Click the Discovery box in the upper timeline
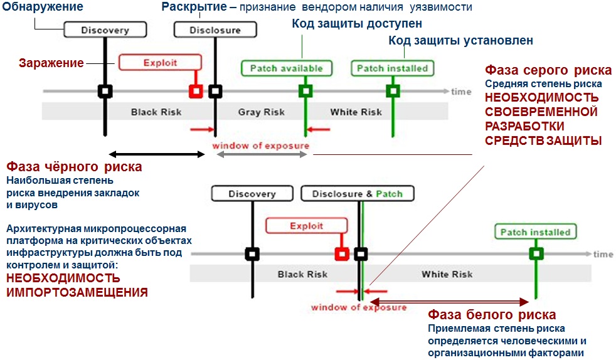[105, 29]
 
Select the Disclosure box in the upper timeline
[215, 29]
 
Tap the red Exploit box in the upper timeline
[160, 62]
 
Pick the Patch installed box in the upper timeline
[392, 68]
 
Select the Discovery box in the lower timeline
[252, 193]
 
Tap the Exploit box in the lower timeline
[306, 226]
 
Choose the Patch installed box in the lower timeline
[534, 232]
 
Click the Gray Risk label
[261, 112]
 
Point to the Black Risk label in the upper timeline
[156, 112]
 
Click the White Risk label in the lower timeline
[447, 274]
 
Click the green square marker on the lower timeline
[535, 254]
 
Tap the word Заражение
[51, 63]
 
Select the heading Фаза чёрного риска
[74, 167]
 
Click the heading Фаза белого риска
[491, 314]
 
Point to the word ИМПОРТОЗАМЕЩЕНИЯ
[77, 292]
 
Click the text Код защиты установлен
[460, 41]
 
